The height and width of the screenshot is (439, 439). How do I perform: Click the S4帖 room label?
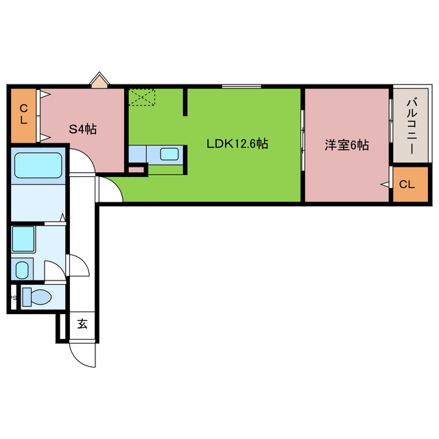click(x=82, y=128)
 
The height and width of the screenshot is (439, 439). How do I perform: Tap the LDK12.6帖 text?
click(x=237, y=145)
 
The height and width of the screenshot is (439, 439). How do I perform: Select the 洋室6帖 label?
click(x=347, y=145)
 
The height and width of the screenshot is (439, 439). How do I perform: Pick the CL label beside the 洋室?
click(x=407, y=185)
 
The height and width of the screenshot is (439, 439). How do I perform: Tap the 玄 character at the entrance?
click(x=82, y=324)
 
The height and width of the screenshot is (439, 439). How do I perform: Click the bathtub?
click(x=38, y=166)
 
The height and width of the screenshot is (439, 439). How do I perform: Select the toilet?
click(x=37, y=297)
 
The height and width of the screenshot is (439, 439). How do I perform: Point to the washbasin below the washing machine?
click(x=22, y=268)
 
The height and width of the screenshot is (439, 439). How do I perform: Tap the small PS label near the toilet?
click(x=12, y=298)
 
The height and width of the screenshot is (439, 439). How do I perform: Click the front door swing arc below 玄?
click(x=82, y=354)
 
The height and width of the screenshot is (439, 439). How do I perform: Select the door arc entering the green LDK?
click(x=111, y=189)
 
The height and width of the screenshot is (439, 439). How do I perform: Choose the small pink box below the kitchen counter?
click(x=137, y=169)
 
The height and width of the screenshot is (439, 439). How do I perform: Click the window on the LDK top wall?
click(x=241, y=86)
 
